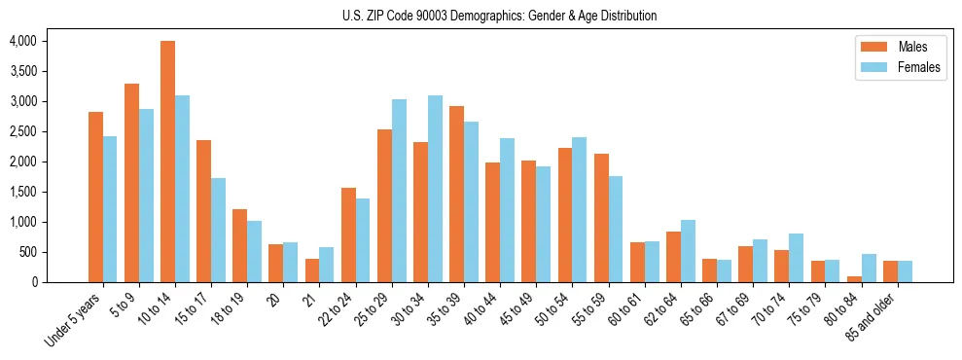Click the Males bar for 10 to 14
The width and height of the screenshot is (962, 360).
click(167, 162)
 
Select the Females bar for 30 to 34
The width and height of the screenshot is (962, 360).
click(435, 189)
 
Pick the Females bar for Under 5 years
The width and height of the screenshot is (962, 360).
click(110, 209)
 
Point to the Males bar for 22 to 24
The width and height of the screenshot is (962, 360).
click(348, 234)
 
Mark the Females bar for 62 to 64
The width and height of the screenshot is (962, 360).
click(688, 251)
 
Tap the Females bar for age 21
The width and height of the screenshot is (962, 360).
click(326, 265)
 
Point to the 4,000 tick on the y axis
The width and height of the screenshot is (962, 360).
click(21, 41)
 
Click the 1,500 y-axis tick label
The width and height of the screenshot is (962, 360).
click(21, 192)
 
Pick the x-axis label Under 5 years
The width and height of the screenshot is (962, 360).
click(74, 320)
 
